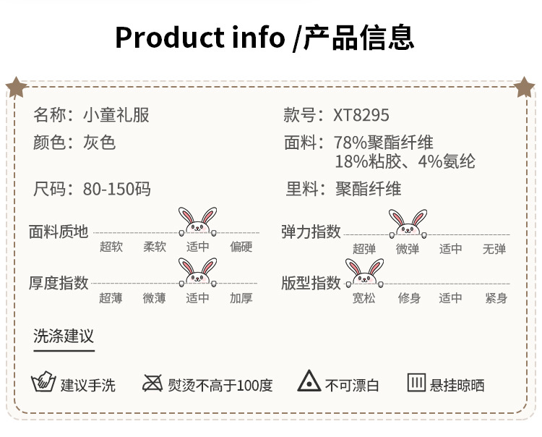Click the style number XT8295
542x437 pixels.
pos(361,115)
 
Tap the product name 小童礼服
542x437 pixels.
pos(116,115)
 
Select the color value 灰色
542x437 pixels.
pos(100,142)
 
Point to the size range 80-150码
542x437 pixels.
pos(117,190)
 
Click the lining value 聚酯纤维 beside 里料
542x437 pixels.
pos(369,190)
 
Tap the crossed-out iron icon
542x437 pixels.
pos(152,383)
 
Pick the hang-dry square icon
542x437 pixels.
pos(416,383)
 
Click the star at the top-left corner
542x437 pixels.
pos(16,88)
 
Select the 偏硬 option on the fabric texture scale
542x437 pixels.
pos(241,247)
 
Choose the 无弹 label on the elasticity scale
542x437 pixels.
pos(494,249)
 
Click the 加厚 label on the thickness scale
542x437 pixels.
pos(241,297)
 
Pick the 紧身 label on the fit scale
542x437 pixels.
pos(496,297)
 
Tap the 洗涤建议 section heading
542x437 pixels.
pos(64,336)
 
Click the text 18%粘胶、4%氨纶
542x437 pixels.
pos(405,161)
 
